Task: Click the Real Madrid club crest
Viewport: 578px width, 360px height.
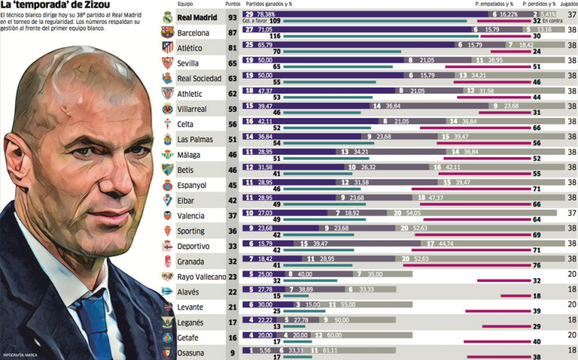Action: click(167, 17)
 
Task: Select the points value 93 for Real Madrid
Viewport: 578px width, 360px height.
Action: click(233, 18)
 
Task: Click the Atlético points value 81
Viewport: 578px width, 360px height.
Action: click(233, 48)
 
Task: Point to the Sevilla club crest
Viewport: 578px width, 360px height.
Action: click(167, 64)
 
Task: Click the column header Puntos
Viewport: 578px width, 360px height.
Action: click(233, 4)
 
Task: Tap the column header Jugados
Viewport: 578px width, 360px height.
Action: click(568, 4)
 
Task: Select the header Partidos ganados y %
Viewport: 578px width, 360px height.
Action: click(273, 4)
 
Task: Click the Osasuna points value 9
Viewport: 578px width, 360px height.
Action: click(233, 353)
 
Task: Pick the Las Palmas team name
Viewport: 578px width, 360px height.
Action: click(196, 140)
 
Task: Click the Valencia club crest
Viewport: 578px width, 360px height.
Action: click(167, 215)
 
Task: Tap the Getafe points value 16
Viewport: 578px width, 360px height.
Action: click(233, 338)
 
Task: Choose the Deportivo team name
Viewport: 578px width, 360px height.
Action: click(195, 247)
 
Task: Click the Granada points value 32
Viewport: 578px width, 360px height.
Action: click(233, 262)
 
